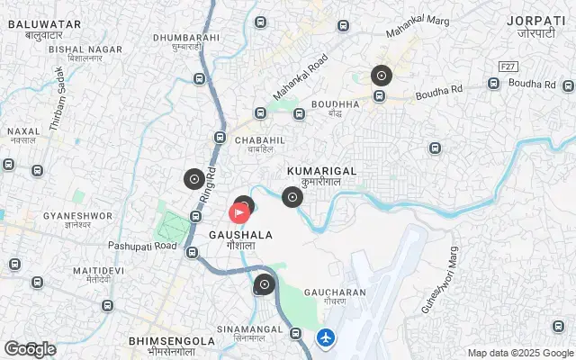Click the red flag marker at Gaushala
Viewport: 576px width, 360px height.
[239, 213]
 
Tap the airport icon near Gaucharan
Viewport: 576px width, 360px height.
[326, 338]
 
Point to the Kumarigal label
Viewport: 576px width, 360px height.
[321, 170]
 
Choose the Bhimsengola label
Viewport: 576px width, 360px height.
[172, 341]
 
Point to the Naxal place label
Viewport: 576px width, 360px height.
[23, 131]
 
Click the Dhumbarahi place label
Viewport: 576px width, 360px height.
[186, 38]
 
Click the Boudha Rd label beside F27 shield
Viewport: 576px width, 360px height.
[533, 84]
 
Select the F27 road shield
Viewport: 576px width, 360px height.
[509, 67]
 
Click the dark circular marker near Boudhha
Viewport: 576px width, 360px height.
[382, 76]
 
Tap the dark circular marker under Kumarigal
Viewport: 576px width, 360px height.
[292, 197]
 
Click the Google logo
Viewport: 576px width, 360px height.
[29, 349]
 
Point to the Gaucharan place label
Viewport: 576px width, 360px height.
[334, 292]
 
